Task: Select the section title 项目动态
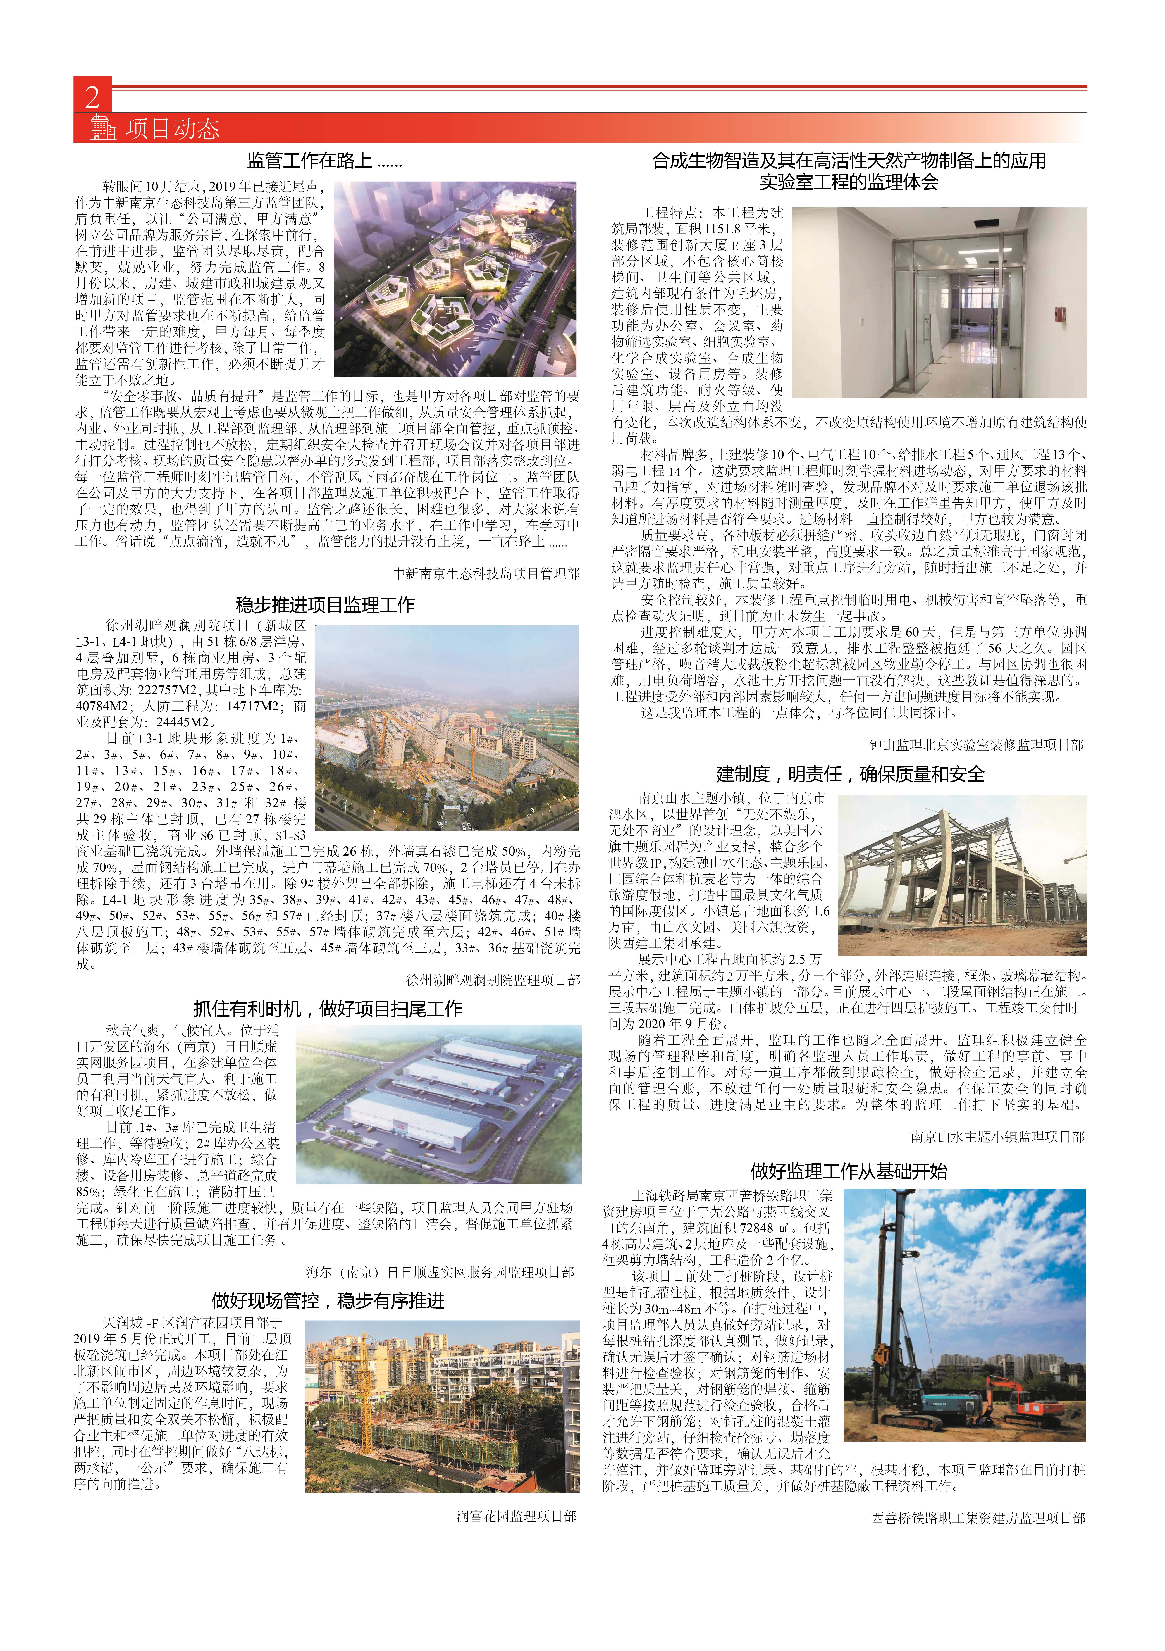[x=173, y=129]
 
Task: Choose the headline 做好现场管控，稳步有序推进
[x=328, y=1300]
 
